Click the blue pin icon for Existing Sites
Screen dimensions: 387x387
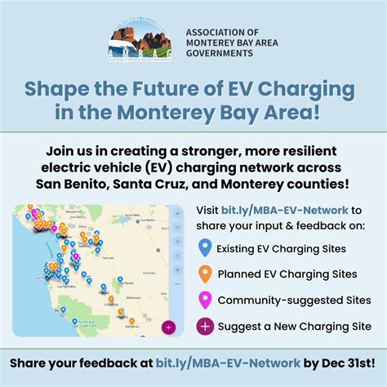[x=206, y=248]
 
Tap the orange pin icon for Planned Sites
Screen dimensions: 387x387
[x=206, y=274]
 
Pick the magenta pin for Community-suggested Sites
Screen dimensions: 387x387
[x=206, y=301]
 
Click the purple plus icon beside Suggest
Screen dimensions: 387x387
[x=206, y=327]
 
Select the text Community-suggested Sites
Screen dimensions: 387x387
[x=293, y=301]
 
